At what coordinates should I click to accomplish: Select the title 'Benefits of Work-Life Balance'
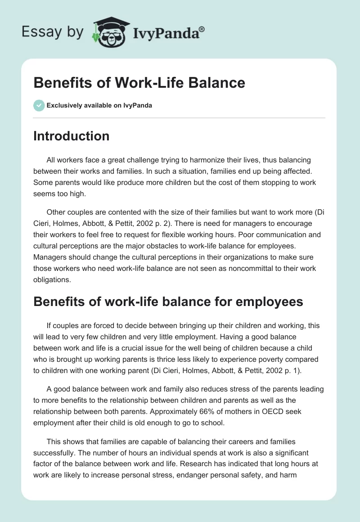(x=139, y=83)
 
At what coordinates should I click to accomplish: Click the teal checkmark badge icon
(x=39, y=106)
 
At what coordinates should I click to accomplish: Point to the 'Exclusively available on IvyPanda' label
(x=99, y=106)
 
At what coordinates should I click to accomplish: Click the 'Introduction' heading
(x=71, y=136)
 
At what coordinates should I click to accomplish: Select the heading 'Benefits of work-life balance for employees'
(x=168, y=301)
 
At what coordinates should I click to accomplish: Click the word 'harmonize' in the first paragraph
(x=216, y=160)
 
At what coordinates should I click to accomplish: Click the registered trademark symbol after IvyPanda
(x=202, y=29)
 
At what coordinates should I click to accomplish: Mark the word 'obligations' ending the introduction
(x=52, y=279)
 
